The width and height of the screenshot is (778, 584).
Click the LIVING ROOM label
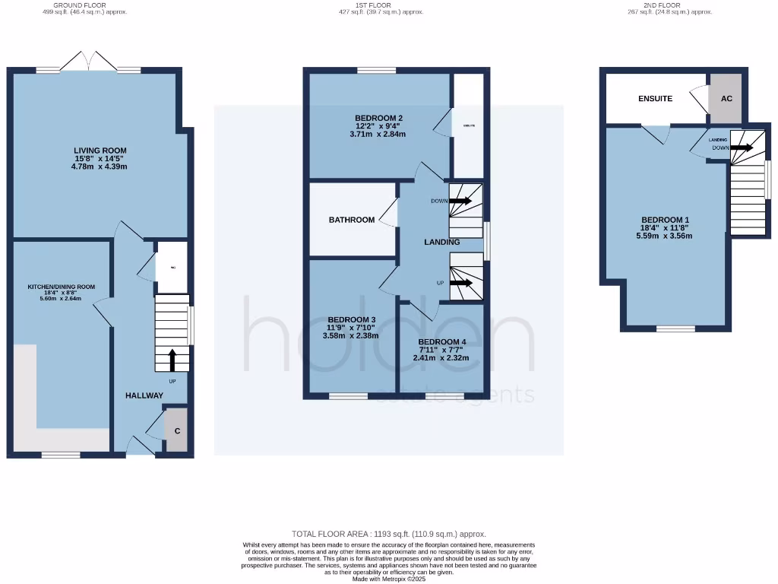(100, 151)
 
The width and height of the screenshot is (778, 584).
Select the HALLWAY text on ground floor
(144, 395)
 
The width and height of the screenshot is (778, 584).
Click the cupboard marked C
(177, 431)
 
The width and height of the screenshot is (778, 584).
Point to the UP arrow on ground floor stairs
(172, 359)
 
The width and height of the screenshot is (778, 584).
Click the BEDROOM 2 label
(378, 117)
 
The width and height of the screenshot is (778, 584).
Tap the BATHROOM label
(352, 220)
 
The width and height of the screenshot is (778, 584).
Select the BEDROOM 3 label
(351, 319)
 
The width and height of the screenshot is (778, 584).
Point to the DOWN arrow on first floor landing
(460, 202)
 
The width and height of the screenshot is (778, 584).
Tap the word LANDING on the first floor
(442, 243)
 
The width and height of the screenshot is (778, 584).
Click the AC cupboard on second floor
(726, 99)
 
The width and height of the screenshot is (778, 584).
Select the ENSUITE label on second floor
(655, 99)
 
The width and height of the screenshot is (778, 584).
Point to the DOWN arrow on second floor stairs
(741, 148)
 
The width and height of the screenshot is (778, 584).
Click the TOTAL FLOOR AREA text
(389, 535)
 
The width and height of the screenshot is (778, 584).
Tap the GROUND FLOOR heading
(85, 5)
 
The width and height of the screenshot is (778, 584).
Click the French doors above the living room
(90, 62)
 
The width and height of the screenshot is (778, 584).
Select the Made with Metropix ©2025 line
(389, 579)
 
